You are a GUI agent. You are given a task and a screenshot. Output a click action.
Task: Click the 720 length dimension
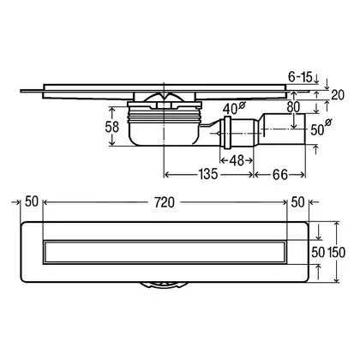pos(165,202)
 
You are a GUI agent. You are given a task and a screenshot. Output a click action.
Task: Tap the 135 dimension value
pos(208,174)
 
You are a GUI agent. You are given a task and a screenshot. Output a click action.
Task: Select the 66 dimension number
pos(280,175)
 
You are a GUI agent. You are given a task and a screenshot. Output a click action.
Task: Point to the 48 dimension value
pos(237,160)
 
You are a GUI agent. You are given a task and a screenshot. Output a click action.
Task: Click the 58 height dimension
pos(111,127)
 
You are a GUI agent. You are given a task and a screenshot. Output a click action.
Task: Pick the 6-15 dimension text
pos(300,76)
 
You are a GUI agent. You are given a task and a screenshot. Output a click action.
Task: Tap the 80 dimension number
pos(293,107)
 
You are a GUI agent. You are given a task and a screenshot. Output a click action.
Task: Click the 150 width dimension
pos(336,252)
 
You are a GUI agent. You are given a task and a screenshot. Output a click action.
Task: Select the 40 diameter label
pos(234,108)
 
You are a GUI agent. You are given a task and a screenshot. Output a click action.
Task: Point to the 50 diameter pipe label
pos(321,129)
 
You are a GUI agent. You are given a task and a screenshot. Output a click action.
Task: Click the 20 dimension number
pos(338,94)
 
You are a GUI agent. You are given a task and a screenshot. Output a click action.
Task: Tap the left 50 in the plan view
pos(32,201)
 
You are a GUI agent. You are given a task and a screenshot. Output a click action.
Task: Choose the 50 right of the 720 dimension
pos(297,202)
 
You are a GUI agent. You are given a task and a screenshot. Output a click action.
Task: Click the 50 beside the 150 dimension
pos(318,252)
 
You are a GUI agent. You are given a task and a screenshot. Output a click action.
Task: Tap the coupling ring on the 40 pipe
pos(227,133)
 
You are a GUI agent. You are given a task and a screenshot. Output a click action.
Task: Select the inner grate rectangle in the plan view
pos(165,252)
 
